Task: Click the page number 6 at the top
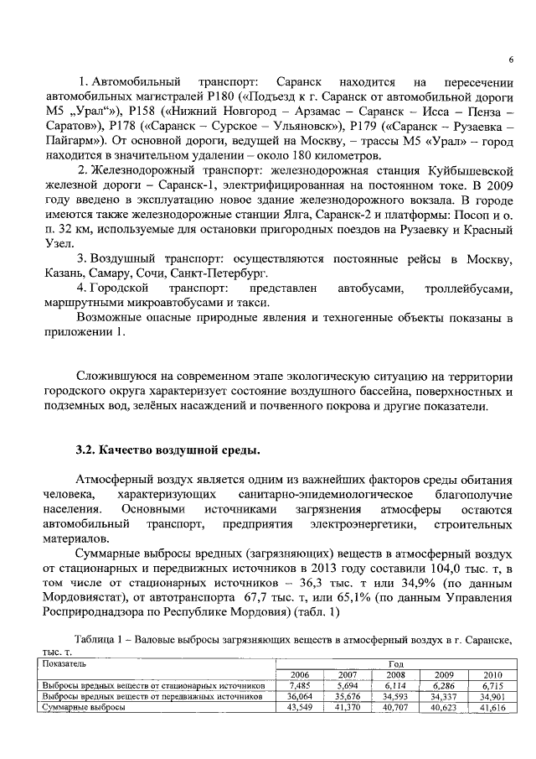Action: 510,60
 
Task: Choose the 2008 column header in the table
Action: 396,673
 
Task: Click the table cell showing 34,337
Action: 445,696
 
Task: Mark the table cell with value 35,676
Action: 348,696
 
